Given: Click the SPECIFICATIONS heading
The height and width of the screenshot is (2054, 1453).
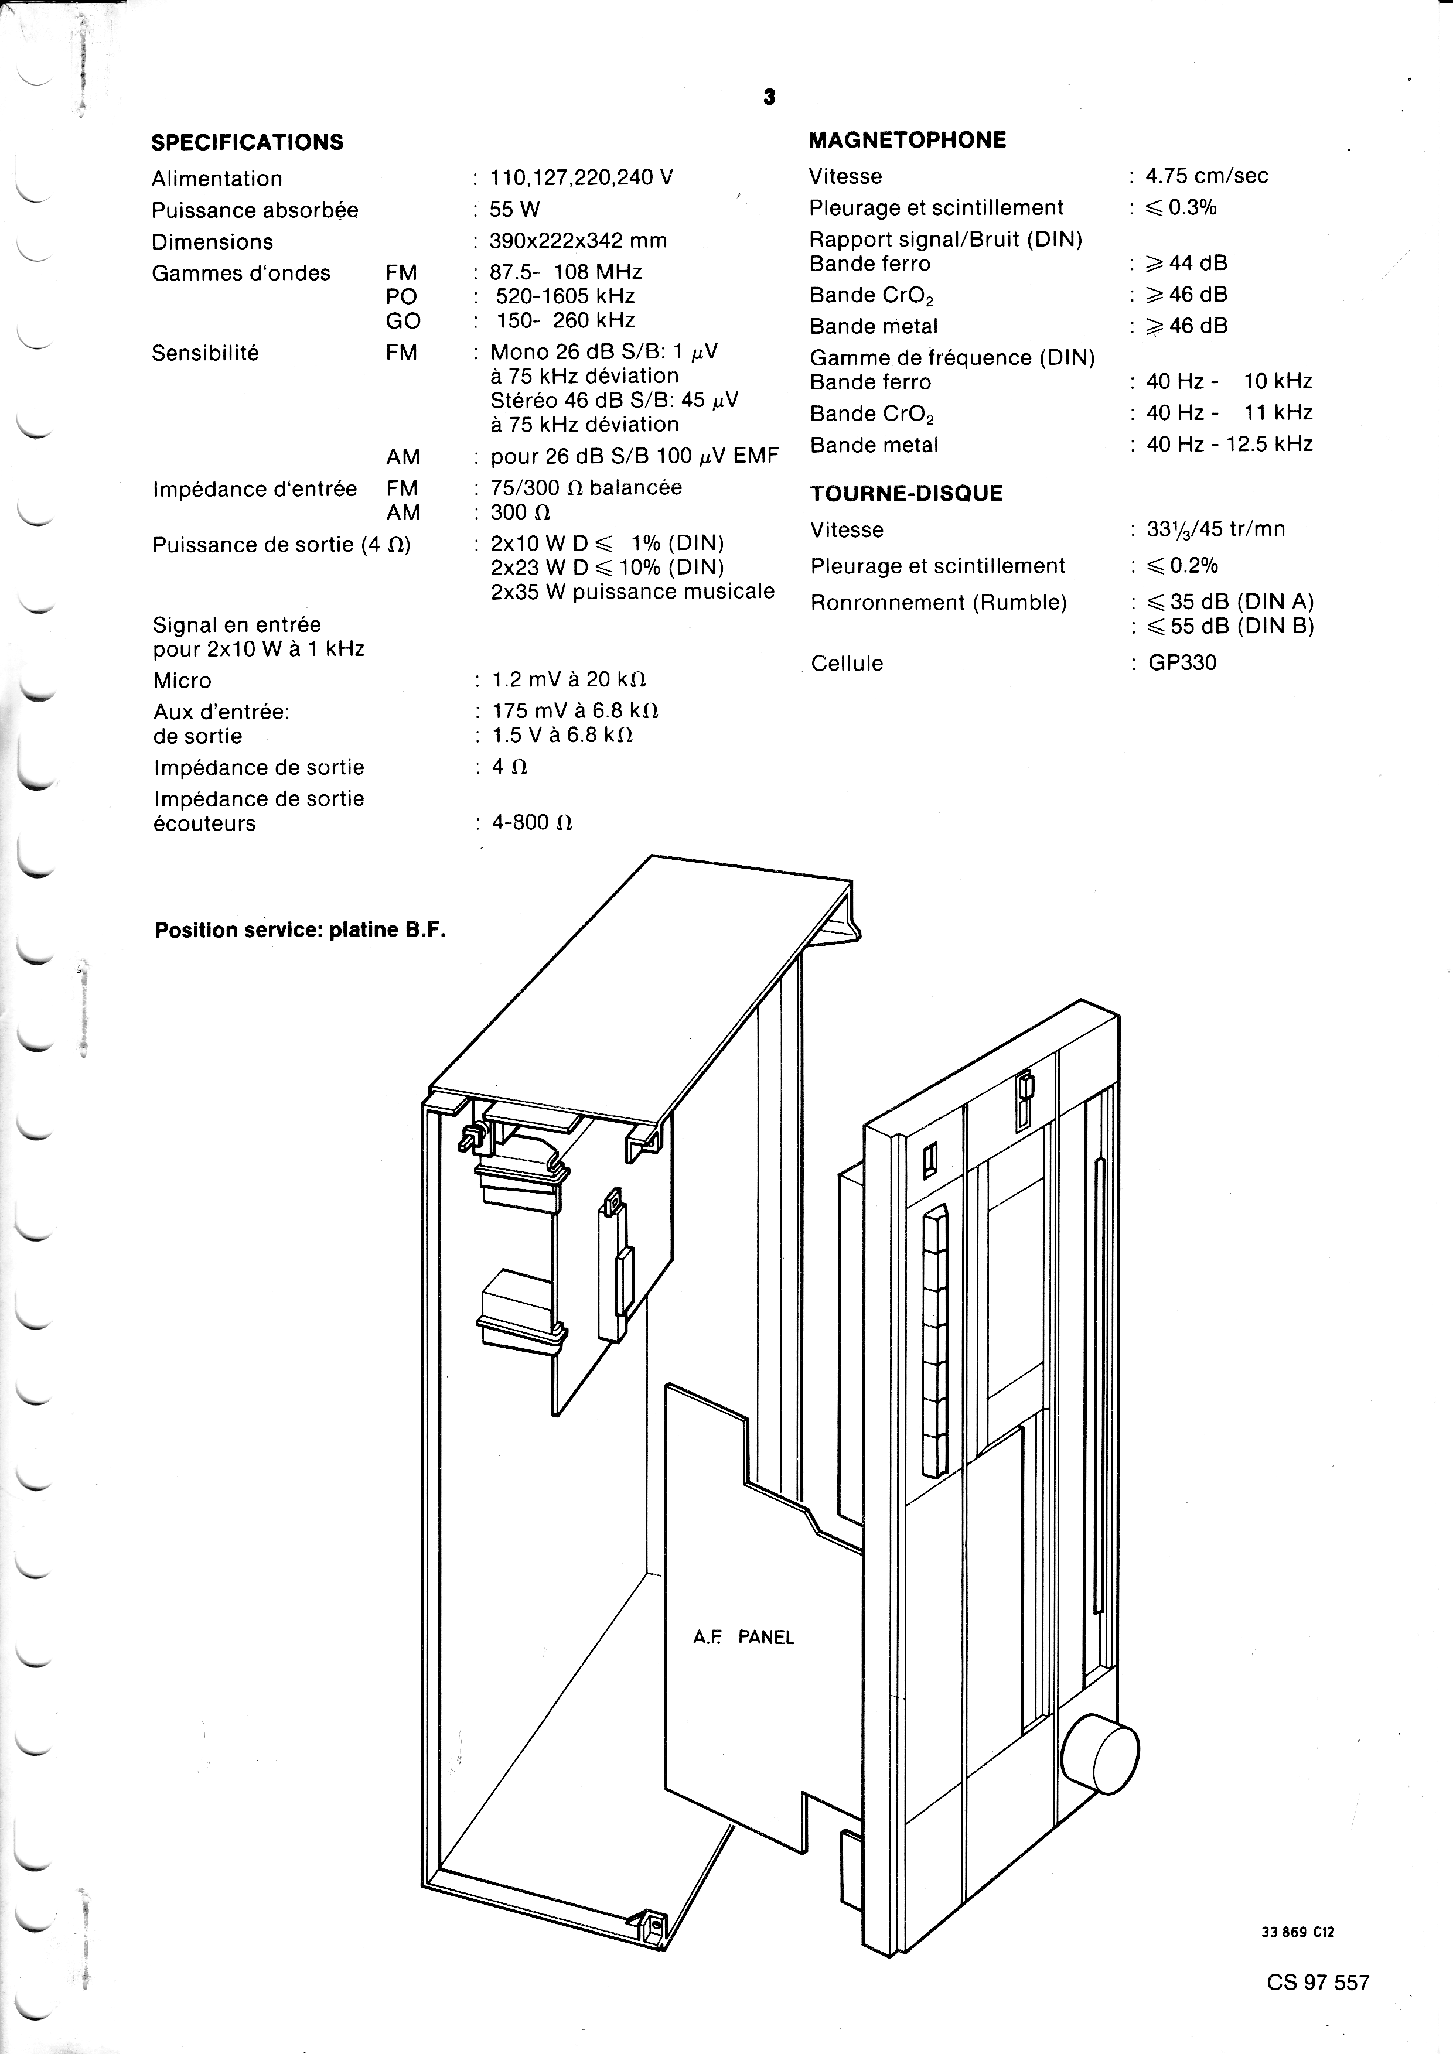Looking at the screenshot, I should tap(247, 142).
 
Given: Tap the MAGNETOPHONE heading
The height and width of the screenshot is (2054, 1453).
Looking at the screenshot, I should tap(907, 139).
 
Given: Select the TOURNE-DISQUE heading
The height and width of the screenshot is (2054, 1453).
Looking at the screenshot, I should tap(906, 493).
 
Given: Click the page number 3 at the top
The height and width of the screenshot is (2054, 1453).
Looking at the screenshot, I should tap(769, 97).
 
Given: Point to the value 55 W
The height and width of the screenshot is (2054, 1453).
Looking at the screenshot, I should tap(516, 209).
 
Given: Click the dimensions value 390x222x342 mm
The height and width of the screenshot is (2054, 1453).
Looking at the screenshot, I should tap(578, 241).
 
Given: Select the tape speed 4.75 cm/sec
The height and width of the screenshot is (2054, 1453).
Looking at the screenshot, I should tap(1207, 175).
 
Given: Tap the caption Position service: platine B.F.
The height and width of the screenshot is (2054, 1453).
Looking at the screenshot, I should tap(300, 929).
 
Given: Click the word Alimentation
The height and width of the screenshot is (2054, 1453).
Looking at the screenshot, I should tap(217, 178).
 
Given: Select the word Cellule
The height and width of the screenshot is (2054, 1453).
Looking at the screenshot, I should tap(847, 663).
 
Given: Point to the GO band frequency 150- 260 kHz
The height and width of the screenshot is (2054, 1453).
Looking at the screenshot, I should tap(565, 320).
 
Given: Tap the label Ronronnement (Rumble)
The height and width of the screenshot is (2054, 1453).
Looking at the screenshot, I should tap(939, 602).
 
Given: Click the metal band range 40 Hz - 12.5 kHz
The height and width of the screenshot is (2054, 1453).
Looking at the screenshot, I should tap(1229, 444).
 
